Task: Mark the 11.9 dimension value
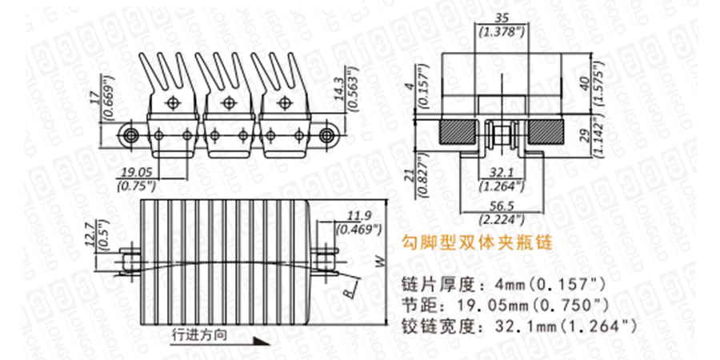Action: coord(358,214)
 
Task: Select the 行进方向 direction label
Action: coord(199,335)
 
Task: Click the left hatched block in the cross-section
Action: coord(457,131)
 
